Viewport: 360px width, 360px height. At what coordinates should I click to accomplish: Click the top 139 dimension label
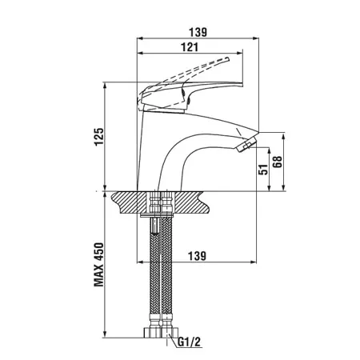pos(198,32)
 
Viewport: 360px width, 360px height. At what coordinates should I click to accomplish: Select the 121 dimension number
pos(190,47)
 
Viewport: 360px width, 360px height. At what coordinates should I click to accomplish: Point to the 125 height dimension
pos(99,136)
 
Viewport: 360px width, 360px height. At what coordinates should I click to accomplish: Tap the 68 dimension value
pos(278,162)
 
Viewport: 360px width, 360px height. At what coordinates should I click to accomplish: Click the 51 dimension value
pos(263,169)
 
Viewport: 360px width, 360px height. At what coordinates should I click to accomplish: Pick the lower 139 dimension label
pos(198,256)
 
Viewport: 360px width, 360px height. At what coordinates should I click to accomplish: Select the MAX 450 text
pos(99,265)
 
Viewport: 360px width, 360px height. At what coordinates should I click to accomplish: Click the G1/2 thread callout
pos(189,342)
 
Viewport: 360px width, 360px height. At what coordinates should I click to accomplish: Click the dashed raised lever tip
pos(227,59)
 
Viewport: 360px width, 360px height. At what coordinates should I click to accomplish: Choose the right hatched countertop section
pos(191,202)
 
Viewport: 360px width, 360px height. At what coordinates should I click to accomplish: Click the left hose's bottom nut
pos(152,332)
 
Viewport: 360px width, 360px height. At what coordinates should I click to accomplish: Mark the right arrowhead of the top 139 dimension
pos(256,38)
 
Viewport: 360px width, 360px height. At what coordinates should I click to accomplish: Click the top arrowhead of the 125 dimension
pos(105,86)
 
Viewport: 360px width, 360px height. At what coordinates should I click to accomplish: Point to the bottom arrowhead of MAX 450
pos(105,334)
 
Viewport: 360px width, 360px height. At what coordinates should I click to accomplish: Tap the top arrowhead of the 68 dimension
pos(284,136)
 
